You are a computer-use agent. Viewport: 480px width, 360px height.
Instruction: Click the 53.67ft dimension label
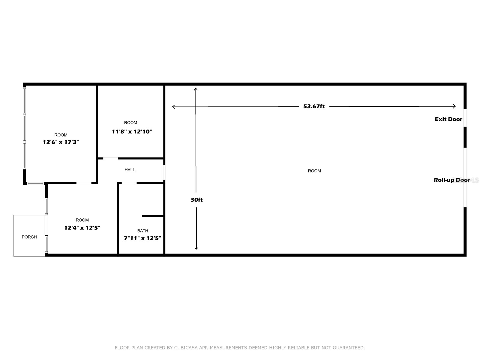point(314,106)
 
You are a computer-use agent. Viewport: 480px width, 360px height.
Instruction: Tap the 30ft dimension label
point(196,200)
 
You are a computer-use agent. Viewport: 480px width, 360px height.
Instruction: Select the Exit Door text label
point(448,119)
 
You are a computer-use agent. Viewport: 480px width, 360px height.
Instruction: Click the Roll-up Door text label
point(452,180)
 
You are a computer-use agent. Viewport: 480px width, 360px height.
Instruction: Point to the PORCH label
point(29,237)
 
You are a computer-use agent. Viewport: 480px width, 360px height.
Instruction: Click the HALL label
point(130,170)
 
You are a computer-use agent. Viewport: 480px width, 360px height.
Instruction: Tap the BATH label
point(142,231)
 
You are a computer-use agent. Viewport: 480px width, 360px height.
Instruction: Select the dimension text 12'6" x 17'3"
point(61,142)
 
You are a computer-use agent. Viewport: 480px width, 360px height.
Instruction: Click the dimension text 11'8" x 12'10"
point(132,131)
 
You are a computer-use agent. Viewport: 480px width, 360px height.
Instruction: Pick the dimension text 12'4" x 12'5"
point(82,228)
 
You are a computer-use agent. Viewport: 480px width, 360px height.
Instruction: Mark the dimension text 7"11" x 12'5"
point(142,238)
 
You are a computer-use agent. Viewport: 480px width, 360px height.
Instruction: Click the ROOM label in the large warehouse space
point(314,171)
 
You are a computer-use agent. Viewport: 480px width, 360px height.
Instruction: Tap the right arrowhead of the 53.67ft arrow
point(454,106)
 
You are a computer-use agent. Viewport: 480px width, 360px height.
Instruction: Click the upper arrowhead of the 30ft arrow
point(196,89)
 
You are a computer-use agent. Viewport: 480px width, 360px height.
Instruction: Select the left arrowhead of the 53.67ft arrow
point(174,107)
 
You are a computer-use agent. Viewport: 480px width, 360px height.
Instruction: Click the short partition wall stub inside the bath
point(153,216)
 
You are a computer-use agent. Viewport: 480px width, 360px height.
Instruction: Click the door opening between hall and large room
point(164,172)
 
